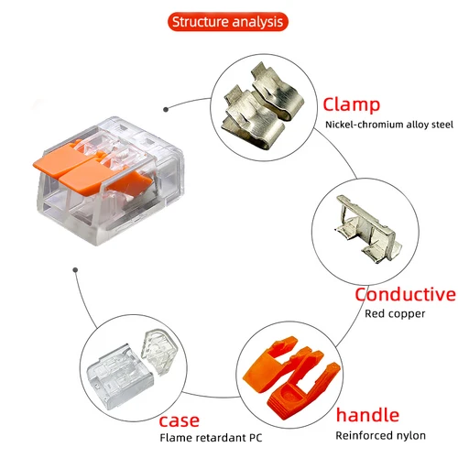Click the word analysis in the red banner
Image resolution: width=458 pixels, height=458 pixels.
pos(258,21)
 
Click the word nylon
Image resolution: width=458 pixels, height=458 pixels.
pos(409,434)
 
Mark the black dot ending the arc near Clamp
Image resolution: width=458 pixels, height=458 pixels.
pos(165,108)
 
